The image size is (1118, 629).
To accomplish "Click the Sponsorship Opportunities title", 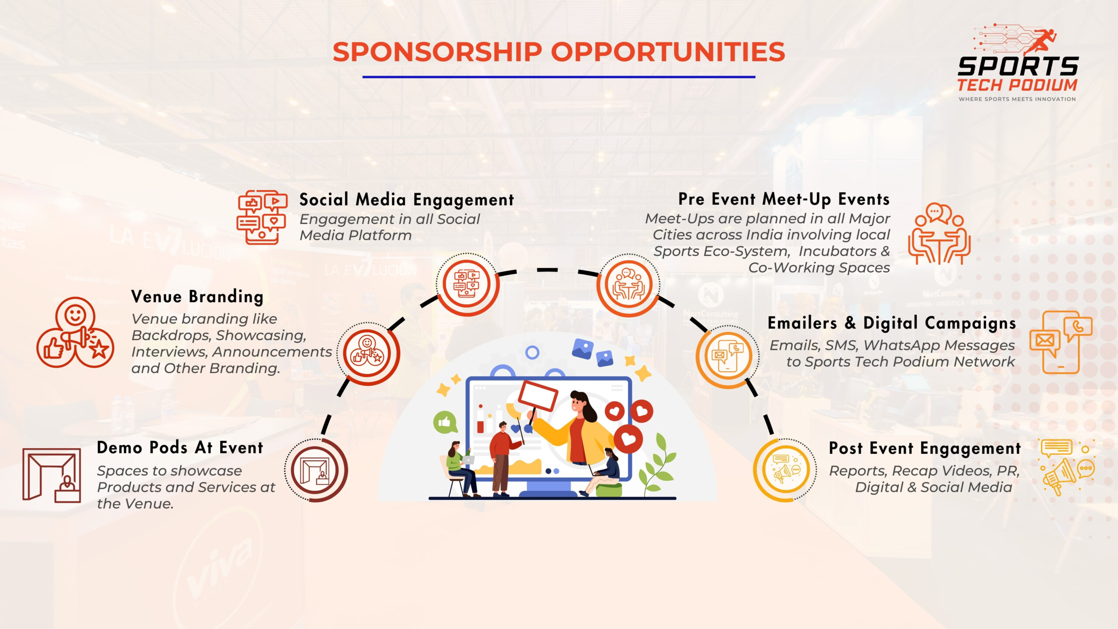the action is click(559, 52).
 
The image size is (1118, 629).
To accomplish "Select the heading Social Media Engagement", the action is click(407, 200).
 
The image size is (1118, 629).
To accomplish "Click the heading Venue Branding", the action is click(197, 297).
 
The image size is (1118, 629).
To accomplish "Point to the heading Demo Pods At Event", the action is click(180, 448).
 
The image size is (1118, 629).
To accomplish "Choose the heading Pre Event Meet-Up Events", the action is click(784, 199).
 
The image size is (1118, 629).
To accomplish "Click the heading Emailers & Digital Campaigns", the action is click(892, 323).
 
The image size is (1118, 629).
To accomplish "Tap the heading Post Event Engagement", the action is click(925, 448).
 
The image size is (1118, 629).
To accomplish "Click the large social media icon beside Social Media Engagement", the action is click(262, 217).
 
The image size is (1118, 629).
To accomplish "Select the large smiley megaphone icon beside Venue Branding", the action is click(75, 332).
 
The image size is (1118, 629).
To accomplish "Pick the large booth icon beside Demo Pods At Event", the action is click(52, 475).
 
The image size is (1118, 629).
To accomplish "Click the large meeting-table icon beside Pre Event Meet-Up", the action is click(939, 234).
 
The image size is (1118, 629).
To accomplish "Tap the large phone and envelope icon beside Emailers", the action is click(1061, 342).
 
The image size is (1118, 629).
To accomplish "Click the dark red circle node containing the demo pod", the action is click(316, 470).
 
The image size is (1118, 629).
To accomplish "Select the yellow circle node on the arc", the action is click(785, 470).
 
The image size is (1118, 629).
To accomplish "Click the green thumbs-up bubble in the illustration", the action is click(444, 422).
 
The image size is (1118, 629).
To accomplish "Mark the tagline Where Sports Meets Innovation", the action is click(1017, 99).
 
